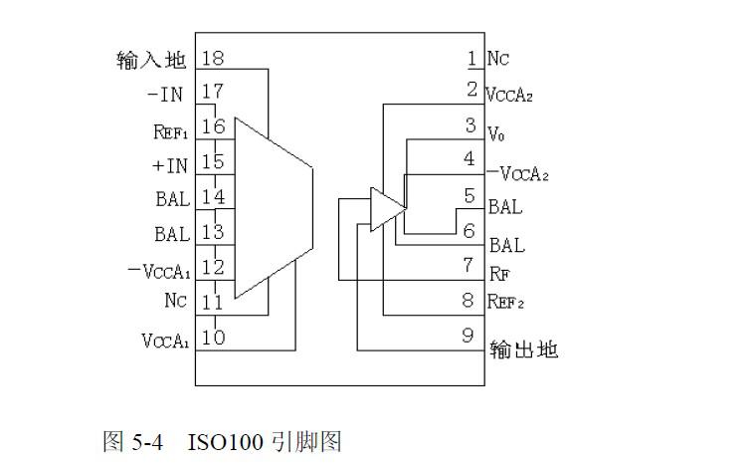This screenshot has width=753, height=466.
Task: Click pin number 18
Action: [x=213, y=58]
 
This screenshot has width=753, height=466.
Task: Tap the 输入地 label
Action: [x=151, y=60]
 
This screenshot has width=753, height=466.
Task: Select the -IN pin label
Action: [x=165, y=94]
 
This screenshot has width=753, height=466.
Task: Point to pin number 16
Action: [x=213, y=126]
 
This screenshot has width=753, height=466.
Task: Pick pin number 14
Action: [x=213, y=196]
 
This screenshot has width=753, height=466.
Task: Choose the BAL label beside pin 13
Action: [x=172, y=234]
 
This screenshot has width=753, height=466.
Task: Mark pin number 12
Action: [x=213, y=267]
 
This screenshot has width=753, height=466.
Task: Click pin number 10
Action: [x=213, y=337]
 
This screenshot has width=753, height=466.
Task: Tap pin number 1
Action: [x=471, y=58]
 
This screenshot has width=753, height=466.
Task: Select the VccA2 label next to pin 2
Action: [x=510, y=95]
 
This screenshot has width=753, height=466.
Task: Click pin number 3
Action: [x=471, y=125]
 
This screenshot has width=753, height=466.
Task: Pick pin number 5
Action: [x=471, y=196]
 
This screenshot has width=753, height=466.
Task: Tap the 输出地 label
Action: [x=523, y=349]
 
